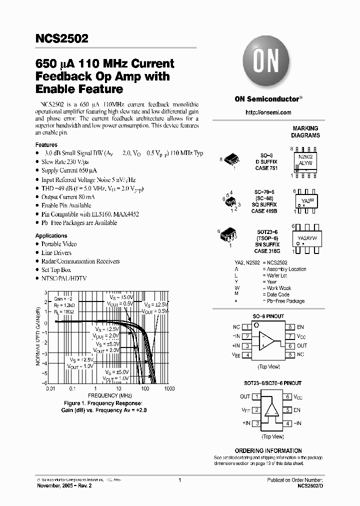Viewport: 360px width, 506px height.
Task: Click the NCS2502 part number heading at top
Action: coord(62,39)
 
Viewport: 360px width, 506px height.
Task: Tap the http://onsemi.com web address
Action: coord(268,112)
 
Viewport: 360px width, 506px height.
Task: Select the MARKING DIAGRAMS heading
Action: coord(305,132)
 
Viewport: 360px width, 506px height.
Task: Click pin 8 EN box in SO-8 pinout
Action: coord(289,327)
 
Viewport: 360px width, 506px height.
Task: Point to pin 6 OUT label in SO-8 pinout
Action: coord(302,345)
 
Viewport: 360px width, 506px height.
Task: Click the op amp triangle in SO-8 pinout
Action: coord(268,341)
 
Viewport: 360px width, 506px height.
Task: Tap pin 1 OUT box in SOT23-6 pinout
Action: coord(256,396)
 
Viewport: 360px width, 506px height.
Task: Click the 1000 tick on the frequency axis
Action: coord(169,388)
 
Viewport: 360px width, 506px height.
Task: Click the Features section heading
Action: coord(46,145)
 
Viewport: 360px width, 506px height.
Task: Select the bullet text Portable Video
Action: coord(59,244)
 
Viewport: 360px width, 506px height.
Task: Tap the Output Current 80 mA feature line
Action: coord(68,197)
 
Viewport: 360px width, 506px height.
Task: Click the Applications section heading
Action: coord(51,235)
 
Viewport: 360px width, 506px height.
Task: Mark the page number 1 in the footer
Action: coord(179,480)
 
